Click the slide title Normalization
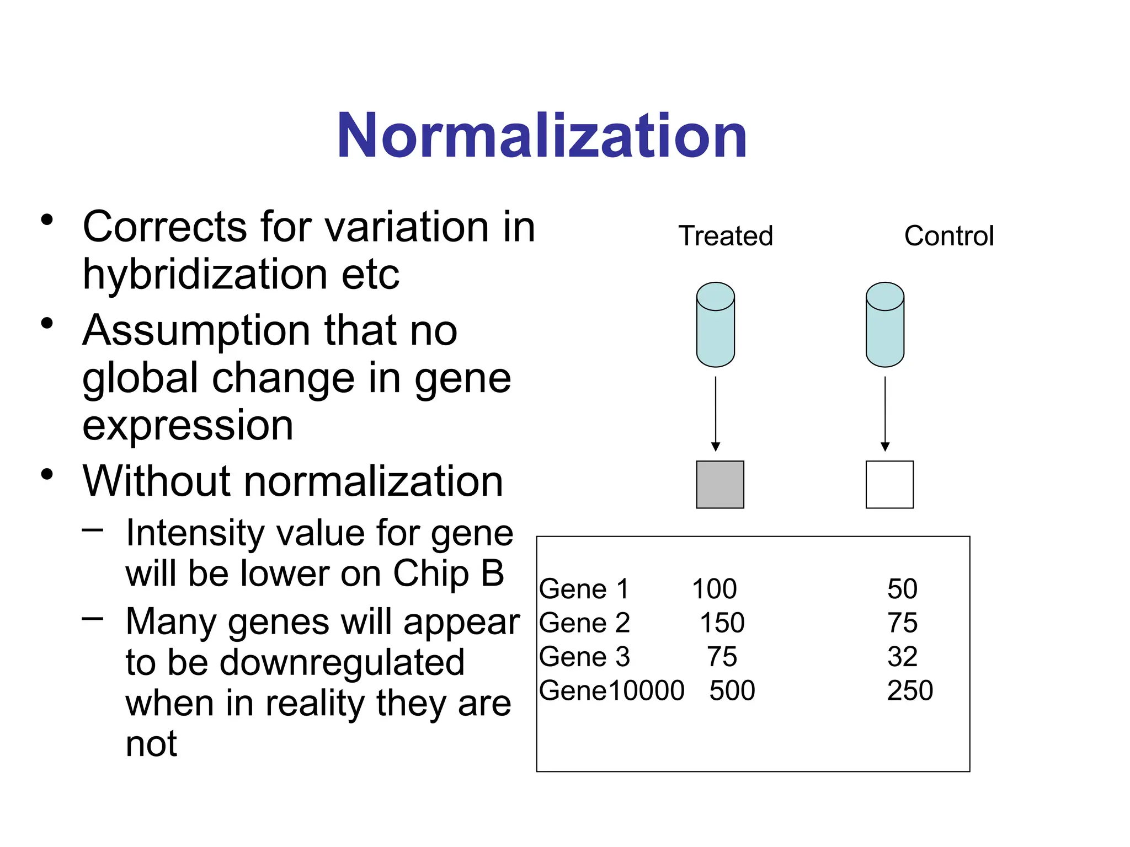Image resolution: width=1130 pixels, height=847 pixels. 542,136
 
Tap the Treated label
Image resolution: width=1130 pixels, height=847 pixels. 726,236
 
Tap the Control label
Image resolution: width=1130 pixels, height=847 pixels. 948,236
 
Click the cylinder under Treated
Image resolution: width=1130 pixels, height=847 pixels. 715,325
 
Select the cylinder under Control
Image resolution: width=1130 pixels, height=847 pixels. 884,325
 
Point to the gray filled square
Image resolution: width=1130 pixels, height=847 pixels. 720,485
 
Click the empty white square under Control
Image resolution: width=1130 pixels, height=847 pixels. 889,485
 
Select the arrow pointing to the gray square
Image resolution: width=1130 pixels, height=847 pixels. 716,414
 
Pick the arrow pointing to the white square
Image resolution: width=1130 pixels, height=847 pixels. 885,414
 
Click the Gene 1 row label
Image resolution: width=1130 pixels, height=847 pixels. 584,589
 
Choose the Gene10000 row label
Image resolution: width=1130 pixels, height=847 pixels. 611,690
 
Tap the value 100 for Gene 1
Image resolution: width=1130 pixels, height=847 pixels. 714,589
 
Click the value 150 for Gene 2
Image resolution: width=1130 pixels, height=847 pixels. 722,623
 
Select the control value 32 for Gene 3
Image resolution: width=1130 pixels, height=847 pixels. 902,657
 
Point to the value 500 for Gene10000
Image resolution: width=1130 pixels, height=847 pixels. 732,690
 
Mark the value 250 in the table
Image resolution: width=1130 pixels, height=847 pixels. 910,690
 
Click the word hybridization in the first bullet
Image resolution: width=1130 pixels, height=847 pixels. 205,275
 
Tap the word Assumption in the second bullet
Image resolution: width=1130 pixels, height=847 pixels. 196,331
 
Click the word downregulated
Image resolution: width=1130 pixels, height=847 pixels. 342,663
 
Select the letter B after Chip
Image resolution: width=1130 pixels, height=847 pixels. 492,573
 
